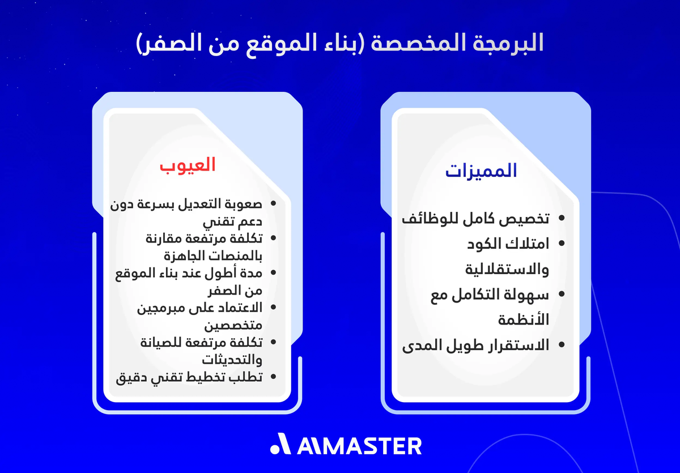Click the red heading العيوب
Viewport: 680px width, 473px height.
click(x=188, y=165)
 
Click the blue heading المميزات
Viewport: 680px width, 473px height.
click(x=481, y=171)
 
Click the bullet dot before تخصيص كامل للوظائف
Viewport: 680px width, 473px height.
click(x=562, y=218)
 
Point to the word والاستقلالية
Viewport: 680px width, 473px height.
click(x=507, y=270)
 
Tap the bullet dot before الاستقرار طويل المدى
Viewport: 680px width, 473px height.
click(x=562, y=344)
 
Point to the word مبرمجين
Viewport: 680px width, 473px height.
click(x=158, y=308)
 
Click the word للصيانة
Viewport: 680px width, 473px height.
click(x=159, y=343)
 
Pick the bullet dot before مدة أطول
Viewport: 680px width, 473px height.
click(x=274, y=273)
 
